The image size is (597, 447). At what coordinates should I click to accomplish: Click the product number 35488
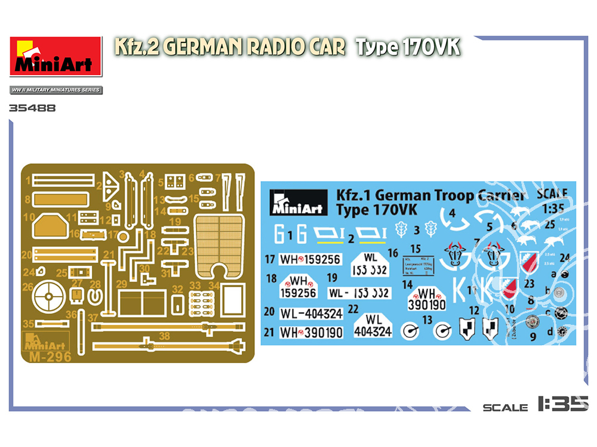(x=33, y=108)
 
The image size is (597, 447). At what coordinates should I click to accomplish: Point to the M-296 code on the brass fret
(x=50, y=357)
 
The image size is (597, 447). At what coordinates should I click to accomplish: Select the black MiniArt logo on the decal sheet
(x=298, y=201)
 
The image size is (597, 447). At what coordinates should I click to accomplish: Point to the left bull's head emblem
(x=454, y=255)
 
